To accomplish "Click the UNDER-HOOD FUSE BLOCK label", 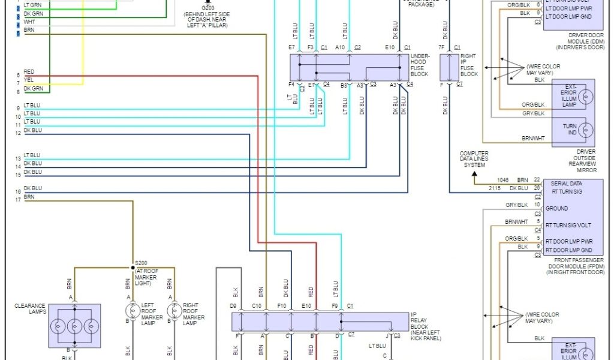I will click(x=419, y=65).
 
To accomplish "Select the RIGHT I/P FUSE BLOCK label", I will click(x=469, y=65).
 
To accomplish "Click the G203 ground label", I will click(x=207, y=8).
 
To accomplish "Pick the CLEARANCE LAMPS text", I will click(x=30, y=309).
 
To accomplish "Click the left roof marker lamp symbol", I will click(x=133, y=311).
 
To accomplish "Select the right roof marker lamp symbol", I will click(x=174, y=311).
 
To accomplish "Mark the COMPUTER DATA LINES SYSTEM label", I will click(x=474, y=159).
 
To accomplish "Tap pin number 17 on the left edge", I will click(x=18, y=200).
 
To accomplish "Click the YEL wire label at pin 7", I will click(x=29, y=80).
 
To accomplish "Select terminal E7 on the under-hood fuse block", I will click(x=291, y=47).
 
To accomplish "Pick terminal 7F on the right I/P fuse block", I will click(x=441, y=47).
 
